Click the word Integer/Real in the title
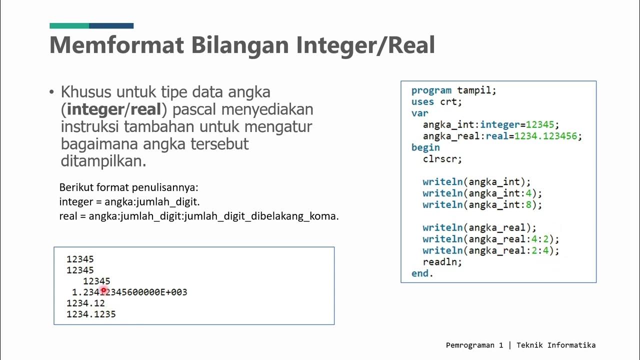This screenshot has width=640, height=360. (365, 45)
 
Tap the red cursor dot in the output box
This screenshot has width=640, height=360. (103, 290)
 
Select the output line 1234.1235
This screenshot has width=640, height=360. (91, 314)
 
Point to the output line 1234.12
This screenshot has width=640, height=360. (85, 303)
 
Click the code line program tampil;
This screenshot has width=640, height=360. (453, 90)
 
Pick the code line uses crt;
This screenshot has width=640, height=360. (436, 102)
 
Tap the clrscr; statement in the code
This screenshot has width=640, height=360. (442, 159)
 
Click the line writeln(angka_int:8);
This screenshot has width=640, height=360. (482, 204)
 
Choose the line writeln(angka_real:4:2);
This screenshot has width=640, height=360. (490, 239)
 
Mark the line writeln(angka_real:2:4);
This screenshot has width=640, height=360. (490, 250)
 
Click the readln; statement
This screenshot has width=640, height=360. (442, 262)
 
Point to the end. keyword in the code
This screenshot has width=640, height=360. (422, 273)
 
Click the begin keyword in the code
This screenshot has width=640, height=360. (425, 147)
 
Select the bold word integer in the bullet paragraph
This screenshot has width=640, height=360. (94, 109)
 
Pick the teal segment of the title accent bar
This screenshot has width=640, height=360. (69, 25)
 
